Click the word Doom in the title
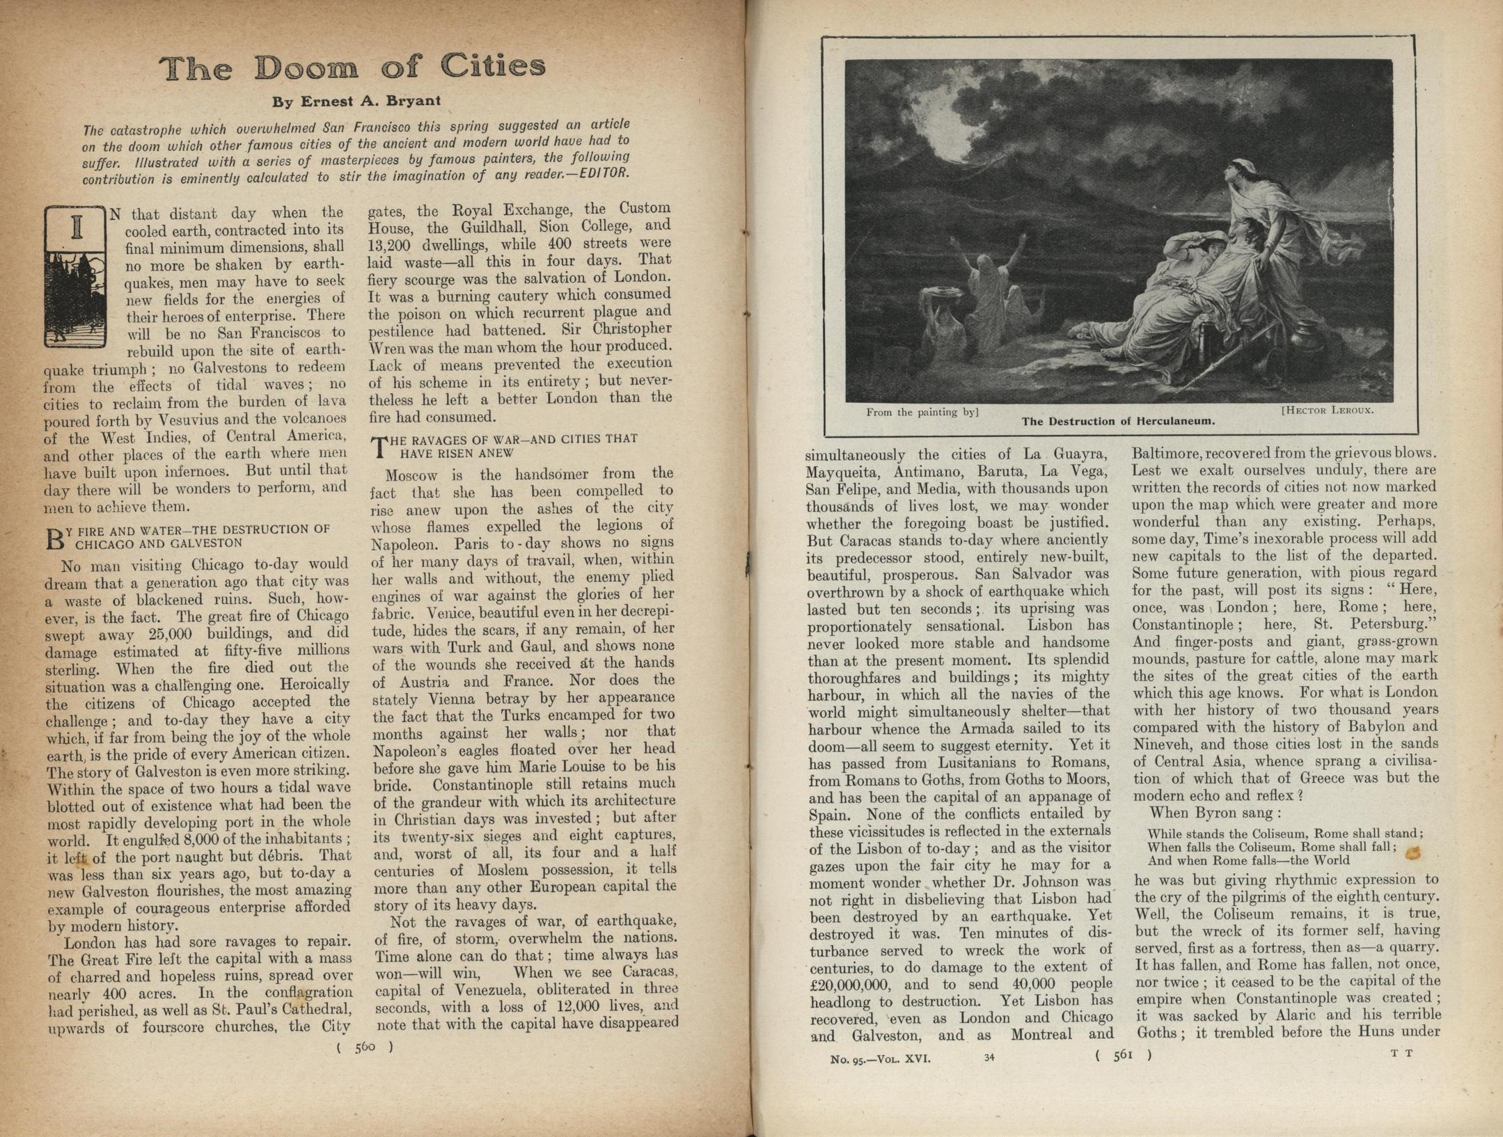point(306,68)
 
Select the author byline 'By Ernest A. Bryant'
point(356,102)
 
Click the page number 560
point(365,1047)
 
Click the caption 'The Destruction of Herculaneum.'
point(1118,421)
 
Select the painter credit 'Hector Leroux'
point(1327,410)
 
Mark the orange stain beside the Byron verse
point(1413,853)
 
